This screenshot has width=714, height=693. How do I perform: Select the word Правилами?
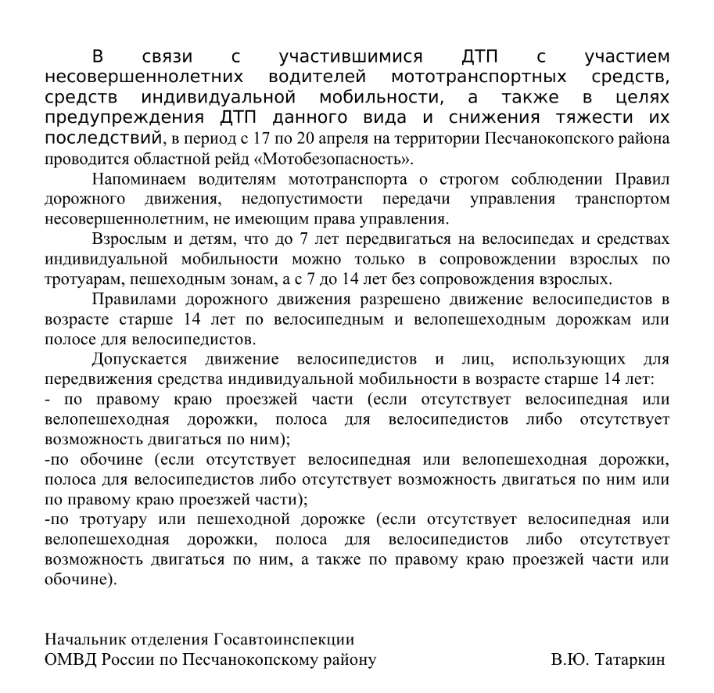135,298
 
